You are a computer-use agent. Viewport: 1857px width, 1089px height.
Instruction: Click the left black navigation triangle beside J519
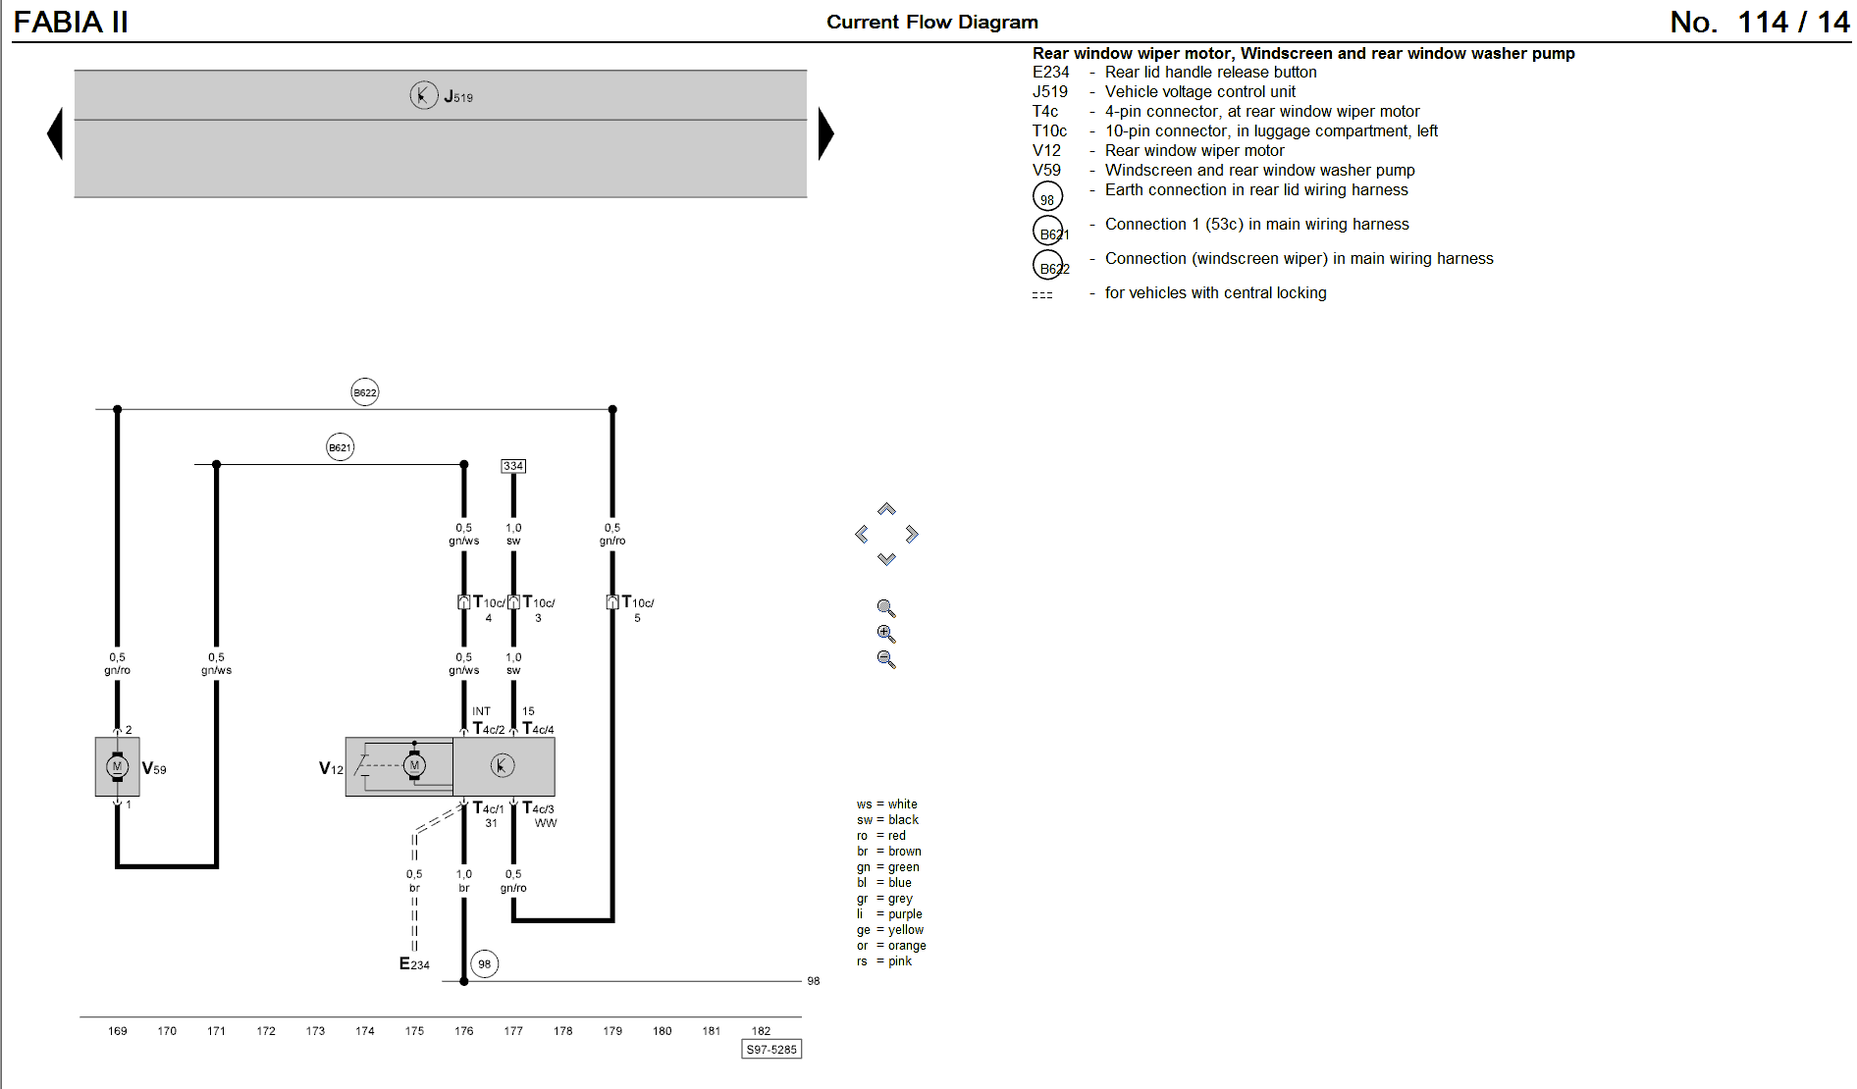(56, 133)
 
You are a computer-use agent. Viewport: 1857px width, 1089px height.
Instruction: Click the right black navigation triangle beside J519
(825, 133)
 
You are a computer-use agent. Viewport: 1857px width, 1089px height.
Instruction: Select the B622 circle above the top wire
(365, 392)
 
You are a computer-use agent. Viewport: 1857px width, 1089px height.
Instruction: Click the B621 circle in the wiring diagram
(340, 447)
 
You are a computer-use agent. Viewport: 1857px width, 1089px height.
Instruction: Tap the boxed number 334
(513, 466)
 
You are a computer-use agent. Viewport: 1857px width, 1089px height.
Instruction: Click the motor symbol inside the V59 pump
(117, 767)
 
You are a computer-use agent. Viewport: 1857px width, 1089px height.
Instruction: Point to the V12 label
(331, 768)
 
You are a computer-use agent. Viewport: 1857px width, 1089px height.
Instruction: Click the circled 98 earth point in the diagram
(485, 963)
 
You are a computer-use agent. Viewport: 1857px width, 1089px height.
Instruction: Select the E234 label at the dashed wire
(414, 964)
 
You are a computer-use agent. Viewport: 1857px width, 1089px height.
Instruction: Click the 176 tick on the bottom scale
(464, 1031)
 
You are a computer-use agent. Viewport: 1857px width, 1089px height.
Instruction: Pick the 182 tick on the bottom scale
(761, 1031)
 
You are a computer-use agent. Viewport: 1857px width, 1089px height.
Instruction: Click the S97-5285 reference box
(771, 1049)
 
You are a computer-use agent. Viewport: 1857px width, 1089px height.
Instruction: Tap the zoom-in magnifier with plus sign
(886, 634)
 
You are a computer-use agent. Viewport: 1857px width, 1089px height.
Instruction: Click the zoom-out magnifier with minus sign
(886, 659)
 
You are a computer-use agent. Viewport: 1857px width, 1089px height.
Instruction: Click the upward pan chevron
(886, 509)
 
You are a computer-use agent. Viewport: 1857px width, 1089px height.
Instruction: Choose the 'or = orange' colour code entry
(891, 946)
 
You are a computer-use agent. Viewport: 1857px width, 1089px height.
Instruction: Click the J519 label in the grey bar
(458, 96)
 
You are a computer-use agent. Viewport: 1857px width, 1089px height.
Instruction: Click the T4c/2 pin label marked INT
(489, 729)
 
